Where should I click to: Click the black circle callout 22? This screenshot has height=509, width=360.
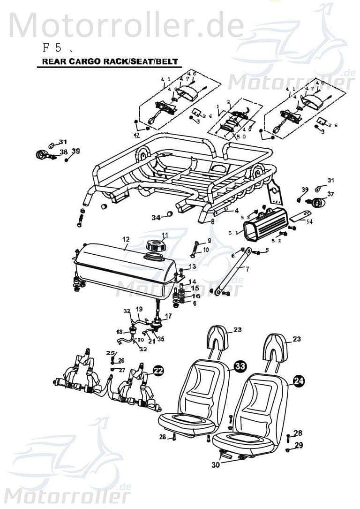click(158, 371)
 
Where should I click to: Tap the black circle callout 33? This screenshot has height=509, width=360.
click(240, 367)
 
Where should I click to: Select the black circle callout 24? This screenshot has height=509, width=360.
click(298, 381)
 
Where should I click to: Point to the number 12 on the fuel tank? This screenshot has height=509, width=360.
click(126, 239)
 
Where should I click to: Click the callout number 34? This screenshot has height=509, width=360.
click(156, 217)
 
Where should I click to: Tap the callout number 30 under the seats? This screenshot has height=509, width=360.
click(215, 465)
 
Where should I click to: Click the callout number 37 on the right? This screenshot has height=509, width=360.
click(330, 194)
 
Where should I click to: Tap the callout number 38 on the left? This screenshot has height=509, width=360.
click(63, 152)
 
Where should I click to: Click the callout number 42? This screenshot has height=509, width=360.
click(136, 135)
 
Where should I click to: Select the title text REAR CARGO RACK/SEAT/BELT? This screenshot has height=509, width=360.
click(104, 61)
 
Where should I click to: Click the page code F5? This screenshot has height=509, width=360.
click(52, 47)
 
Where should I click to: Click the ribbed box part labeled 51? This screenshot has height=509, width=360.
click(264, 228)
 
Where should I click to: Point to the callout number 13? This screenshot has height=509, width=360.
click(192, 266)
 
